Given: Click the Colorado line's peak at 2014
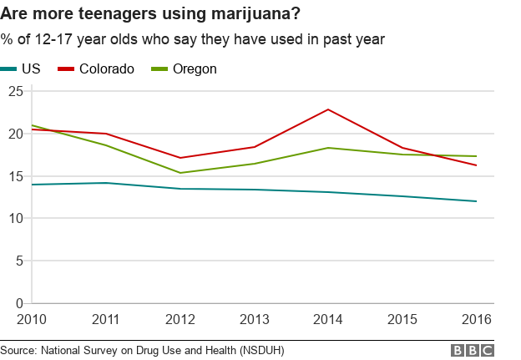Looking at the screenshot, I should point(328,109).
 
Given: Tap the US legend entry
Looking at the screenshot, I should point(31,69).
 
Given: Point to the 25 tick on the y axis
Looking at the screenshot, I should point(14,91).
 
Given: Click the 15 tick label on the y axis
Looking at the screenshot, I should point(14,176).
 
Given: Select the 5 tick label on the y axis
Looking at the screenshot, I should point(18,261).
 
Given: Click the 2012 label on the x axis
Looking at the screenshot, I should point(180,319).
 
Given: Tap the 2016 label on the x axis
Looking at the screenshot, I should point(476,319).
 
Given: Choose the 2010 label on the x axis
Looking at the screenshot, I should point(32,319).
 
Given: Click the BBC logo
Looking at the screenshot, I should point(472,351).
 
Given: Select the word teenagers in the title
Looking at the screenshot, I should point(107,13).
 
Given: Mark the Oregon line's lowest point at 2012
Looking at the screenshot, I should point(180,173).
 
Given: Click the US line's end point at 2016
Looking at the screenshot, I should point(476,201).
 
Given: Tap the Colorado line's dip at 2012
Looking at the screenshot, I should point(180,158).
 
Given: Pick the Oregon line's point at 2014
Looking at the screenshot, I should point(328,148).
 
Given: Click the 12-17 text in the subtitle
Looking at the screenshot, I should point(48,39).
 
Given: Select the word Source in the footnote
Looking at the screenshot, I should point(20,351).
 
